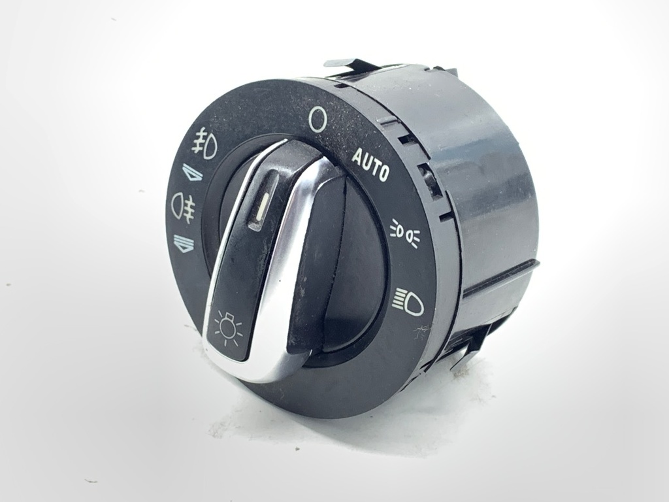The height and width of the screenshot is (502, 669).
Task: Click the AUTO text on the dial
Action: coord(370,165)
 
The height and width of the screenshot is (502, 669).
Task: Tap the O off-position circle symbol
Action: coord(317,119)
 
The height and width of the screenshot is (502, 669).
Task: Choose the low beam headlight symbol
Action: coord(408,302)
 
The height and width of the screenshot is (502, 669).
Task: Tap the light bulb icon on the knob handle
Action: coord(228,329)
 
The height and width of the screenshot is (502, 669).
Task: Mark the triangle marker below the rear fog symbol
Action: coord(182,243)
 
